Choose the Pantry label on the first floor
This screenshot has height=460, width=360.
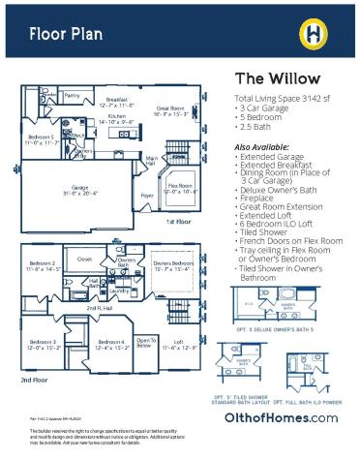click(x=73, y=96)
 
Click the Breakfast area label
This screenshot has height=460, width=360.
click(x=118, y=101)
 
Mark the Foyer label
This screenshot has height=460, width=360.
click(x=147, y=196)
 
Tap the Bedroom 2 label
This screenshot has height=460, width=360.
click(x=42, y=265)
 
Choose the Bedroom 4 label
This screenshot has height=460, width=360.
click(x=108, y=344)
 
